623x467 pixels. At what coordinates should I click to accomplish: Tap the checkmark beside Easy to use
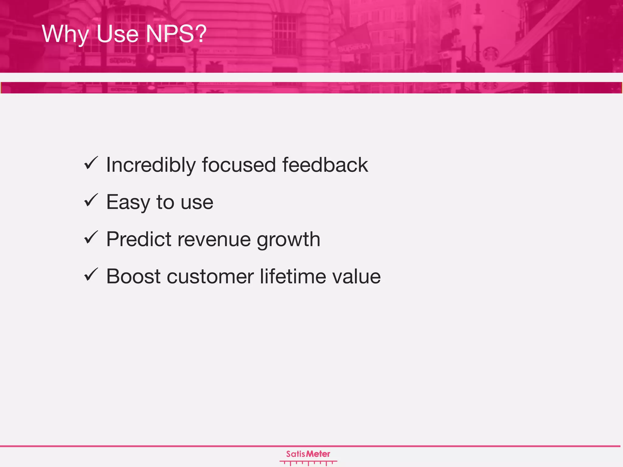91,200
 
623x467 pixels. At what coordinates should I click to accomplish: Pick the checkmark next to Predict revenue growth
91,237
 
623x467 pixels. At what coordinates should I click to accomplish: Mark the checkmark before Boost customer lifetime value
91,275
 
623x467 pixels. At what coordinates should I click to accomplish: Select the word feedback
325,165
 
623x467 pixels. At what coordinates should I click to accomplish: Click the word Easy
128,202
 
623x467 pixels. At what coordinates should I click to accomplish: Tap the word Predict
139,239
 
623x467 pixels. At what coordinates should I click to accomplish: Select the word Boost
133,276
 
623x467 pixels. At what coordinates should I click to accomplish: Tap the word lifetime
292,276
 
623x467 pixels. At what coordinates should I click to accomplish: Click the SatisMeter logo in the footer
308,457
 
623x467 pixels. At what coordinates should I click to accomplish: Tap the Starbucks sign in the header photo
490,54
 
